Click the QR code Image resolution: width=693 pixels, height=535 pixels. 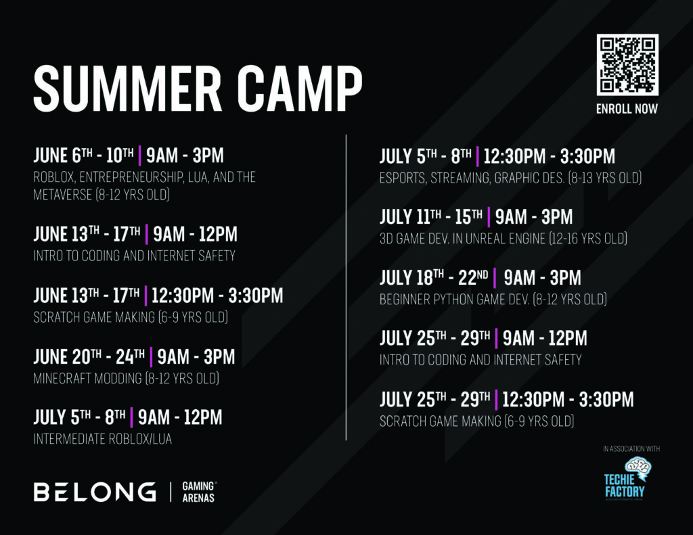tap(627, 64)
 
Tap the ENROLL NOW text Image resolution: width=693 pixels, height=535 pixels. tap(627, 109)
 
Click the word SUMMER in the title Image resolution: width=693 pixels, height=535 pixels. tap(128, 89)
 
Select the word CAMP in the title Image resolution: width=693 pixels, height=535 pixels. tap(300, 89)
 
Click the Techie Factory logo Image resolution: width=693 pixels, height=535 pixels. tap(625, 478)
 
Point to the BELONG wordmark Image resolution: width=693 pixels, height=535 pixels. tap(95, 492)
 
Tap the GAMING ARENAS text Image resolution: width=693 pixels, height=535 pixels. tap(199, 492)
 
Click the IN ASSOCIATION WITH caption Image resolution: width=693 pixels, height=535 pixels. tap(631, 449)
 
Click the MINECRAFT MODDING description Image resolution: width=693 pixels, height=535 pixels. tap(127, 378)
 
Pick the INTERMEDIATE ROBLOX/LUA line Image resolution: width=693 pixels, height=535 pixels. tap(103, 439)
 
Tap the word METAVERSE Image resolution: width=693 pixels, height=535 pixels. tap(63, 194)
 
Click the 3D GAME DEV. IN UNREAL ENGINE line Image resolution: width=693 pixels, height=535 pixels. tap(504, 239)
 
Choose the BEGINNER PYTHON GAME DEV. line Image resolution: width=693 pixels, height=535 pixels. tap(493, 299)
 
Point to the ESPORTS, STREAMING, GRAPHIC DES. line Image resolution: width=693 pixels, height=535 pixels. tap(510, 178)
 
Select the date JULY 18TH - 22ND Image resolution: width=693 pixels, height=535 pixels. tap(434, 277)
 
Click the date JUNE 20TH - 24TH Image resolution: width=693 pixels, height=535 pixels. tap(89, 356)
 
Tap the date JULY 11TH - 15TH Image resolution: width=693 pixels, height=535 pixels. tap(431, 216)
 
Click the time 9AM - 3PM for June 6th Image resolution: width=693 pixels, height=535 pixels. tap(185, 155)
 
